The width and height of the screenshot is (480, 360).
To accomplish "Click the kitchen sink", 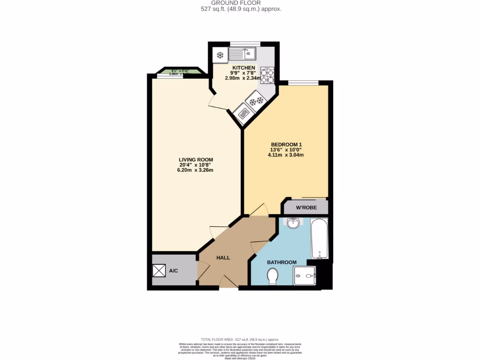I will coord(242,54).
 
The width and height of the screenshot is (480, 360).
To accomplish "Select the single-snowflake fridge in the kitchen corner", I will coord(219,55).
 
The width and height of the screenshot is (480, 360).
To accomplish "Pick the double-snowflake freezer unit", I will coord(255,101).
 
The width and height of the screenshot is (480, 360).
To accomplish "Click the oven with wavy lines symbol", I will coord(243,113).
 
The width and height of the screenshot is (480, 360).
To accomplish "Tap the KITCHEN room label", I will coord(244,67).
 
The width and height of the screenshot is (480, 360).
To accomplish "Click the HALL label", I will coord(223,257).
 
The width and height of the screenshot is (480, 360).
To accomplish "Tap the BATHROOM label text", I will coord(282,262).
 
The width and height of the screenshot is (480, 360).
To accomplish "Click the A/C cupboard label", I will coord(173,271).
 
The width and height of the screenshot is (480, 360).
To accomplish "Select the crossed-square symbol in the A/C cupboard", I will coord(159,271).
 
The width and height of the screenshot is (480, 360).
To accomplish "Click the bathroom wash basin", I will coord(293,223).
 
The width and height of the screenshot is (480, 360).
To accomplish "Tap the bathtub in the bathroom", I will coord(320,238).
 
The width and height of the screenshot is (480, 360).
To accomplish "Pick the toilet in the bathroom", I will coord(272,278).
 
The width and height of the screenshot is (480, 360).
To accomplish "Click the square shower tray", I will coord(304,276).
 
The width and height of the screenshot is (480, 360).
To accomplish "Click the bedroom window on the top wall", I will coord(303,83).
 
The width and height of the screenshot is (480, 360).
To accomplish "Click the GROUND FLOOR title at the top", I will coord(240,3).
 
